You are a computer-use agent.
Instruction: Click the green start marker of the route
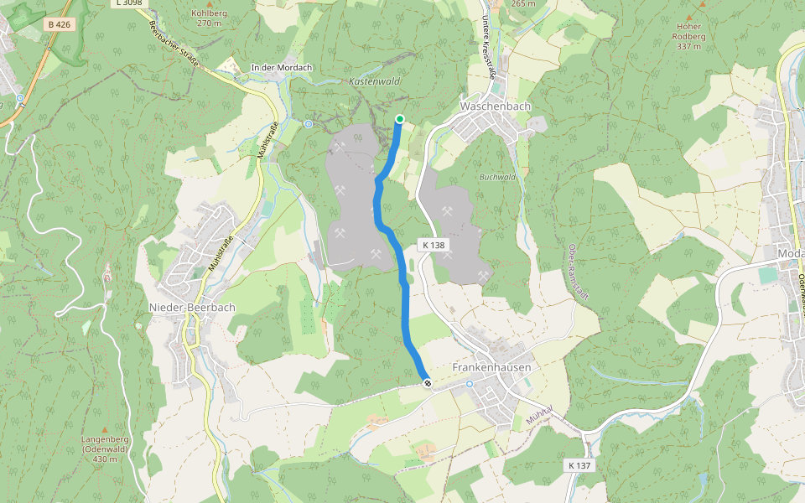tap(400, 119)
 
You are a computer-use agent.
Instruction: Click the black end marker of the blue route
tap(428, 383)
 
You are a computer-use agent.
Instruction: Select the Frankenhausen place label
tap(492, 367)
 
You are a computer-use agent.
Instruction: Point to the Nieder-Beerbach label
tap(192, 307)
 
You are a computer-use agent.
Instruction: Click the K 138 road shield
tap(434, 246)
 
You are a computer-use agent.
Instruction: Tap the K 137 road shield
tap(579, 465)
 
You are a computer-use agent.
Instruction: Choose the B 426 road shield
tap(60, 24)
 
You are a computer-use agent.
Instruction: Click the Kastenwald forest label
tap(374, 82)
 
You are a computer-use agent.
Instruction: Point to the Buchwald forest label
tap(496, 177)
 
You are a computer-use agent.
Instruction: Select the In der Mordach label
tap(282, 67)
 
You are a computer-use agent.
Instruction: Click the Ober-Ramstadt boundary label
tap(572, 268)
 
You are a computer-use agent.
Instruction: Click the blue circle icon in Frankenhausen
tap(470, 384)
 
